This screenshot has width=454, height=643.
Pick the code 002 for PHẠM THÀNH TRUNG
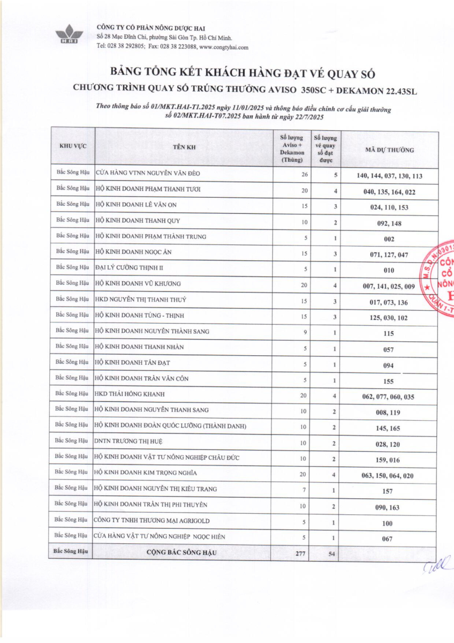[x=389, y=240]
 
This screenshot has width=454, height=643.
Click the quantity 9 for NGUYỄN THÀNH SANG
[x=305, y=332]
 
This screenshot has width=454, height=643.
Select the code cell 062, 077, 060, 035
[x=389, y=397]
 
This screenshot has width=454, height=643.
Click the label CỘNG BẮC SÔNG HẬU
[x=181, y=552]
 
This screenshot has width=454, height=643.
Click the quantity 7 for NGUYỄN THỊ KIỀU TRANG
[x=305, y=489]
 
